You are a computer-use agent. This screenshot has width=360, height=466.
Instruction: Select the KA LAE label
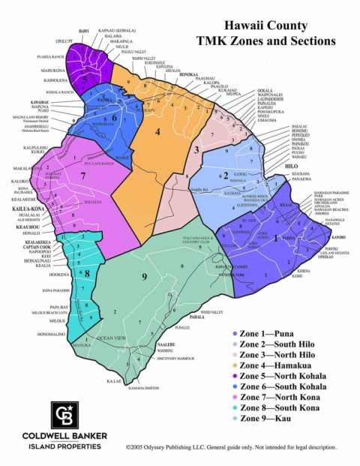tap(114, 381)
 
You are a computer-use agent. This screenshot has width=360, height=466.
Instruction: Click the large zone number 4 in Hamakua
tap(157, 132)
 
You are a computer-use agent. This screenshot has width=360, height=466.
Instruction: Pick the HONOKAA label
tap(189, 75)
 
